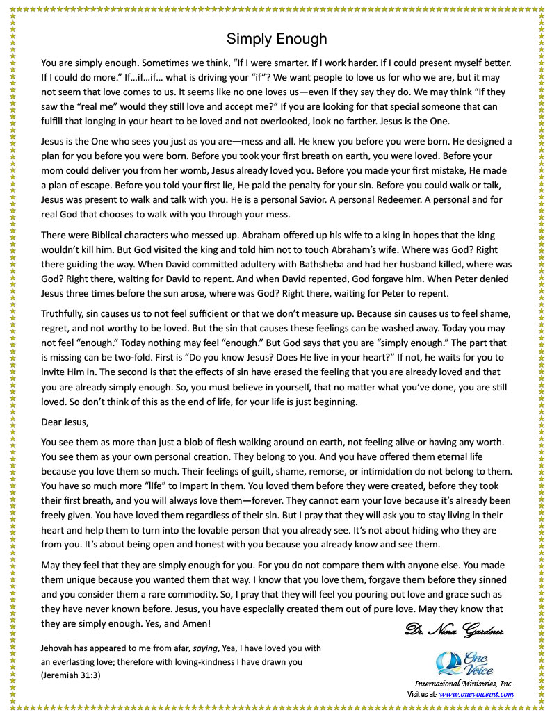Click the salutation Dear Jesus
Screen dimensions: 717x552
tap(65, 421)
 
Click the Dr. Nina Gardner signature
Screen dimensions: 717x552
tap(453, 630)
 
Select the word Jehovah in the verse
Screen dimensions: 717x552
tap(60, 648)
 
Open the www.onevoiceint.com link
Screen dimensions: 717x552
tap(476, 693)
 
